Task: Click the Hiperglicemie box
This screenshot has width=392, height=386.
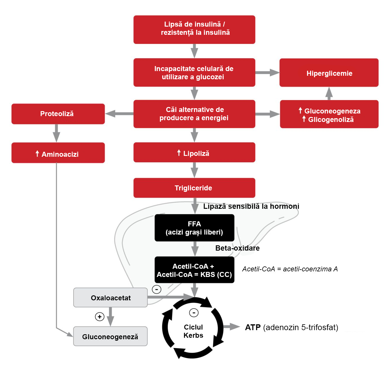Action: pos(329,73)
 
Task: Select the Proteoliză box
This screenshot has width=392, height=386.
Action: pos(58,114)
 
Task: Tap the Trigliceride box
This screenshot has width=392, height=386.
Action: pos(194,188)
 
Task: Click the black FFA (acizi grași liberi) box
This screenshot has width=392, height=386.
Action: pos(194,228)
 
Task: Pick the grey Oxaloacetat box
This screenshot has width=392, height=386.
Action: pos(110,298)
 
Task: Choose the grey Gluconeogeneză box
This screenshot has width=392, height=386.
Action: pos(110,337)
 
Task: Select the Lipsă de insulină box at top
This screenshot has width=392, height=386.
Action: pos(194,30)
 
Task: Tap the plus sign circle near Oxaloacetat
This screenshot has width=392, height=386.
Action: pos(100,317)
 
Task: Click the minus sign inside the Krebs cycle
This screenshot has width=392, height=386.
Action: pos(194,313)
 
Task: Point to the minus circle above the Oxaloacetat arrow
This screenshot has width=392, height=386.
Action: pos(157,289)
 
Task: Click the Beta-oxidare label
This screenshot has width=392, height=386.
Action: pos(237,248)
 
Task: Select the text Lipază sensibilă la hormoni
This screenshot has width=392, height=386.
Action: pos(251,206)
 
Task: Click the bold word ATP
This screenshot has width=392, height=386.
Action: pos(253,328)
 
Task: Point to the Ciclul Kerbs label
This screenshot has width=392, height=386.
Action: pos(193,331)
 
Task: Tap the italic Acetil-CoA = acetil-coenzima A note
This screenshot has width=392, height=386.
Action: pos(290,269)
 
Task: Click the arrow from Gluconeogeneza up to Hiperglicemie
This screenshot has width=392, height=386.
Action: pos(329,94)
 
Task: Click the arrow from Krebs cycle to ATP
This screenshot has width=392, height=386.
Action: pos(232,327)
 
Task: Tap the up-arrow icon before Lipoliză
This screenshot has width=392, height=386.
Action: pos(179,153)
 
